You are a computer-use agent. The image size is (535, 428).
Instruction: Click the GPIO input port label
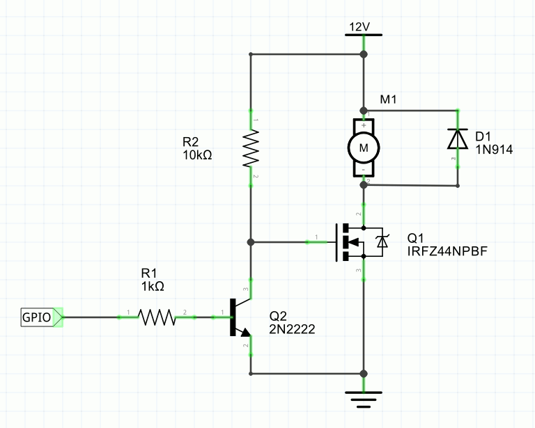(x=36, y=317)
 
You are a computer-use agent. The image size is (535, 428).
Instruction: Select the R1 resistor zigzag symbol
(x=157, y=317)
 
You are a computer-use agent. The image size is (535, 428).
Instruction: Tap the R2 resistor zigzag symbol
(x=251, y=148)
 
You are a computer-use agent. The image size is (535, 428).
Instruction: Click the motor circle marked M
(x=364, y=148)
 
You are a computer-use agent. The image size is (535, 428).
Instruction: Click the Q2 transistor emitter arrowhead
(x=246, y=332)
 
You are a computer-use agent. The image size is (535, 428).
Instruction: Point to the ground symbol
(x=364, y=399)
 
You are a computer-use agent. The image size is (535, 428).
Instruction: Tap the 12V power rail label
(x=359, y=27)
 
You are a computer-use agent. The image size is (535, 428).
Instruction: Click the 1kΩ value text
(x=153, y=287)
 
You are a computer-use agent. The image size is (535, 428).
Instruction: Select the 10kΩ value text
(x=197, y=155)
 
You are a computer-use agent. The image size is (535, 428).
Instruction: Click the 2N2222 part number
(x=292, y=329)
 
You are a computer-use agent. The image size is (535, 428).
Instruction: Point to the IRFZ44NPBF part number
(x=447, y=251)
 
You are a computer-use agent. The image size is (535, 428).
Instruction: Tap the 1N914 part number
(x=494, y=150)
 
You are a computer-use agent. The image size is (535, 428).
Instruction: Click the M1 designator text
(x=388, y=100)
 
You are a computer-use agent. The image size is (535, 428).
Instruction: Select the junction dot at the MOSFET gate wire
(x=251, y=242)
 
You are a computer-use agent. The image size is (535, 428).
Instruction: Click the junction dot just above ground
(x=364, y=374)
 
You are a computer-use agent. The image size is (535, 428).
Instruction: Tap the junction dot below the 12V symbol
(x=364, y=54)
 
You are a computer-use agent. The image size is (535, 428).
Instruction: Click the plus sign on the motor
(x=364, y=125)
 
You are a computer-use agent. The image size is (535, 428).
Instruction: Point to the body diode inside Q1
(x=382, y=241)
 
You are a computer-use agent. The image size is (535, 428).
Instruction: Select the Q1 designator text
(x=415, y=238)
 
